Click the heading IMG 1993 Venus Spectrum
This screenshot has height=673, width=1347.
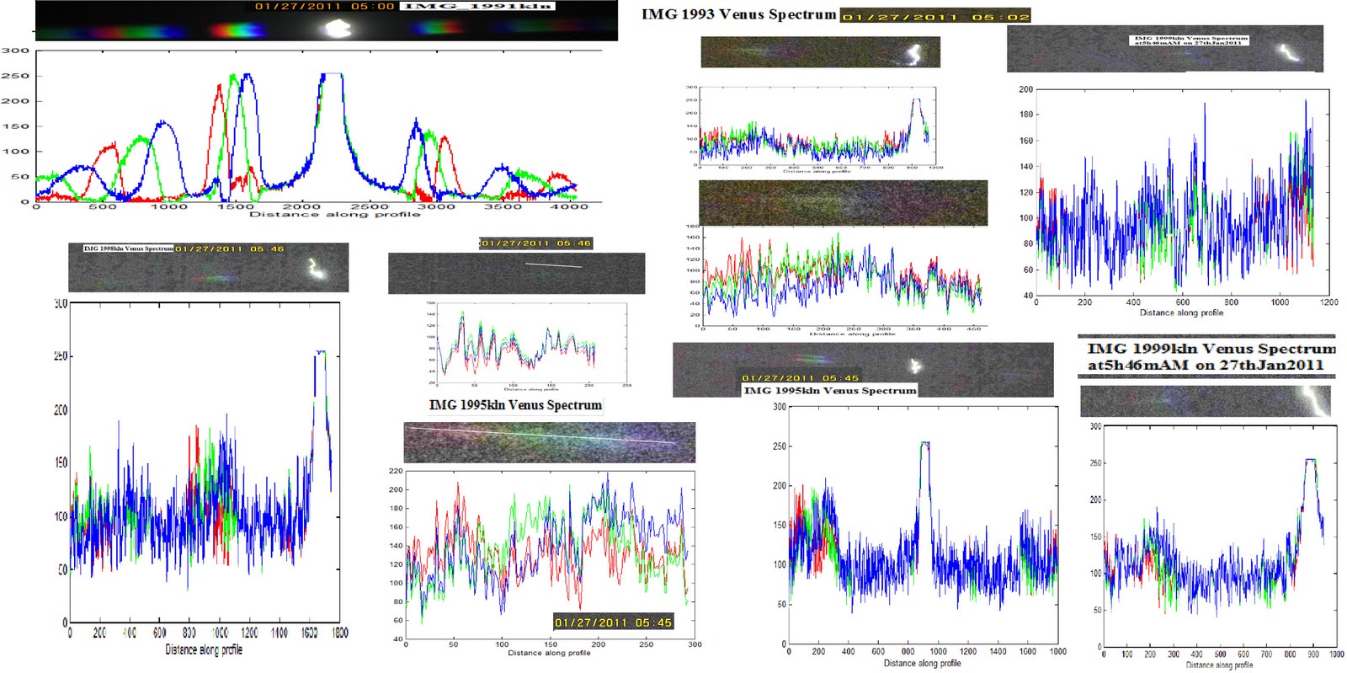pyautogui.click(x=738, y=14)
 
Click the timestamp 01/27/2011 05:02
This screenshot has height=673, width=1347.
pyautogui.click(x=934, y=17)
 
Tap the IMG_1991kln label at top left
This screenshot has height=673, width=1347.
pyautogui.click(x=477, y=6)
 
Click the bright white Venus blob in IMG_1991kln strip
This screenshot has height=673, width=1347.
pyautogui.click(x=338, y=29)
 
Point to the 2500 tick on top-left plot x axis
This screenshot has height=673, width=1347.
pyautogui.click(x=370, y=206)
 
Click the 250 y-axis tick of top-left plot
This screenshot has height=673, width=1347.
pyautogui.click(x=15, y=76)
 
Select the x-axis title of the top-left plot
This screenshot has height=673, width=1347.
pyautogui.click(x=334, y=215)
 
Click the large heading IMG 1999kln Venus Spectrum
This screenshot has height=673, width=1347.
pyautogui.click(x=1211, y=349)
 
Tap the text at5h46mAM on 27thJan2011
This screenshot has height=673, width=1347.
pyautogui.click(x=1205, y=366)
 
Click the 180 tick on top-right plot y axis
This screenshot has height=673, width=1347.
pyautogui.click(x=1025, y=115)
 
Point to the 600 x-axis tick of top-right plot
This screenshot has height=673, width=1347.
pyautogui.click(x=1183, y=302)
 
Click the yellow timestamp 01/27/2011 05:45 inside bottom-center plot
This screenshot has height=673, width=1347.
pyautogui.click(x=613, y=622)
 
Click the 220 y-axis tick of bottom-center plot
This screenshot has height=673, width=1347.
pyautogui.click(x=396, y=471)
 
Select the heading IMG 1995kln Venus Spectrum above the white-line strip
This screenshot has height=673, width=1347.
pyautogui.click(x=515, y=405)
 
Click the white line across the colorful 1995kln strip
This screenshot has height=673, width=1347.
pyautogui.click(x=543, y=435)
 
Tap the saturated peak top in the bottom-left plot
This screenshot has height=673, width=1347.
pyautogui.click(x=320, y=352)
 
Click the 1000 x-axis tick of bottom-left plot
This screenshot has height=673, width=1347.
pyautogui.click(x=220, y=633)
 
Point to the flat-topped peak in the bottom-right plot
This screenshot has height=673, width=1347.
pyautogui.click(x=1310, y=460)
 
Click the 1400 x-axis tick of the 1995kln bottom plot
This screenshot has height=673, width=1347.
pyautogui.click(x=998, y=651)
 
